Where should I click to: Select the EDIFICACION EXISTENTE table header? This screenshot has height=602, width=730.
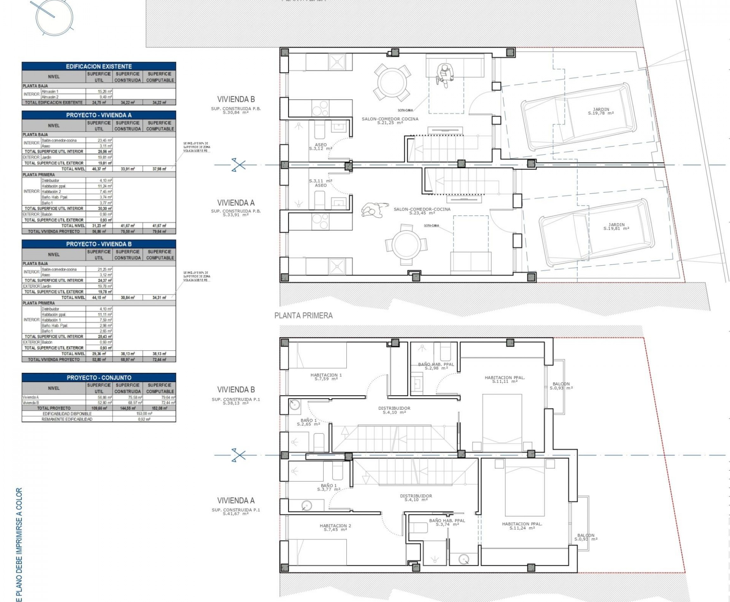pos(99,66)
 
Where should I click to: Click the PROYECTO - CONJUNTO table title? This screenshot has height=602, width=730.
pos(99,378)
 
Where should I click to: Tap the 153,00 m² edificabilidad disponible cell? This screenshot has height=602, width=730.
pos(144,414)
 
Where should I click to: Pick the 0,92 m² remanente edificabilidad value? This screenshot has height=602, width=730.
pos(144,419)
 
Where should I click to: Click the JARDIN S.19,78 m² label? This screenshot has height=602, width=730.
pos(601,111)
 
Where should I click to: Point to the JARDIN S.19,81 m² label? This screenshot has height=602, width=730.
pos(616,227)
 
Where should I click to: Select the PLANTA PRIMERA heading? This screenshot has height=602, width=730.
pos(304,316)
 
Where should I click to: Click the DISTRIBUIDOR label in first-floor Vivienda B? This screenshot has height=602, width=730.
pos(394,410)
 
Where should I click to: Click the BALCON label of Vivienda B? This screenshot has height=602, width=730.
pos(561,386)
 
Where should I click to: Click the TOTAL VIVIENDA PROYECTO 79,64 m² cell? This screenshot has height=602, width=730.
pos(159,231)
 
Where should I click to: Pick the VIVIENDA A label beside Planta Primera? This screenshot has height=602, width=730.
pos(236,500)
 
